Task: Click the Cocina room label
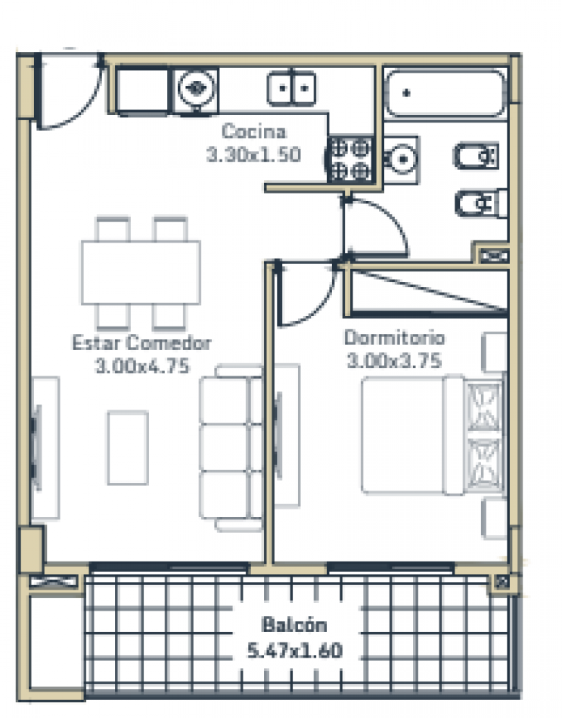[x=254, y=132]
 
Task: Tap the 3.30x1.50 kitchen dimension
[x=253, y=154]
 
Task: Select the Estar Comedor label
[x=141, y=342]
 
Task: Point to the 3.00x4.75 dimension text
[x=142, y=366]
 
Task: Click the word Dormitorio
[x=394, y=338]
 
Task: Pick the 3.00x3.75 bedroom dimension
[x=394, y=361]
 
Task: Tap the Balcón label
[x=294, y=624]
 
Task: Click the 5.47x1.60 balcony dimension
[x=295, y=650]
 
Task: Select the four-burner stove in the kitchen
[x=349, y=159]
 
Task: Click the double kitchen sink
[x=291, y=88]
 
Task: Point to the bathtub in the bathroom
[x=445, y=94]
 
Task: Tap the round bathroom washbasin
[x=402, y=159]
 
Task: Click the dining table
[x=141, y=272]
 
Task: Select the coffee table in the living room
[x=128, y=448]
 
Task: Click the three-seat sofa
[x=231, y=448]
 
